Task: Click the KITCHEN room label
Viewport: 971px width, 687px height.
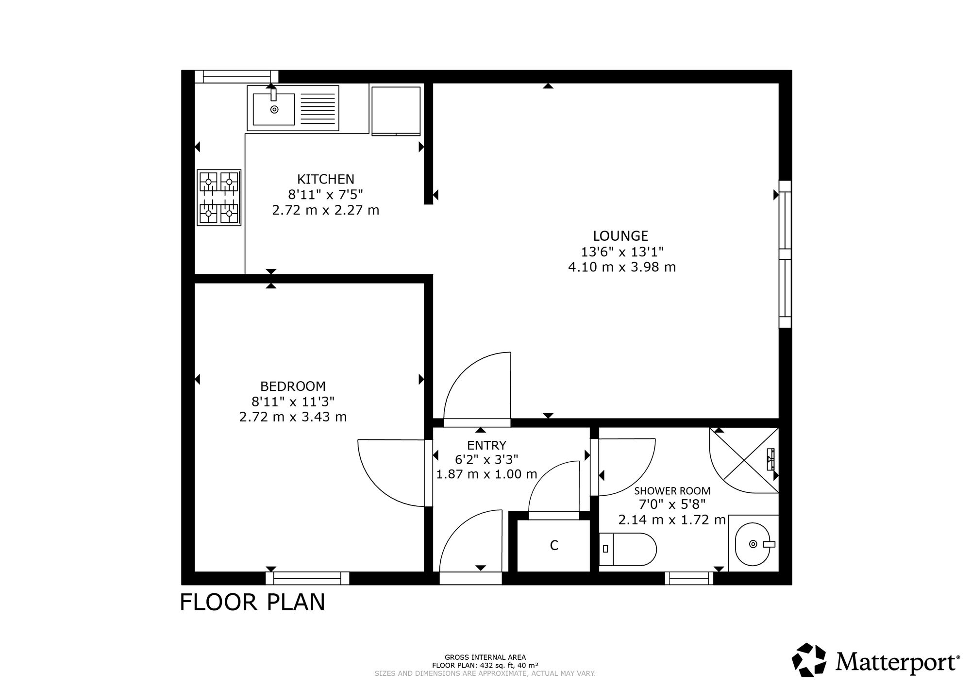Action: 326,179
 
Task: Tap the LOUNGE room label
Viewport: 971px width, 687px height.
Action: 620,236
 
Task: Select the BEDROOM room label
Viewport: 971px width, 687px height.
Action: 293,386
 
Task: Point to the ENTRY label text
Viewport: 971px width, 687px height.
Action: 486,445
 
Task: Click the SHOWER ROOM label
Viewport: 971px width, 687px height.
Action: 672,491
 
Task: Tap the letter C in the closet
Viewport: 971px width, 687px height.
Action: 554,546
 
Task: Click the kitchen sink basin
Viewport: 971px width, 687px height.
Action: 274,109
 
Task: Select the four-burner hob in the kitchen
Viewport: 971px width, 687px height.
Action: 219,198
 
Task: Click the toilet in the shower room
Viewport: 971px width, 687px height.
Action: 628,549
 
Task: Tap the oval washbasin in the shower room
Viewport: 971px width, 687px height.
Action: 753,544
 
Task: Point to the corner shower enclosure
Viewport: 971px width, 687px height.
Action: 744,460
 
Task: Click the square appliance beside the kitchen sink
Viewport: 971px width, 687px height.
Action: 396,111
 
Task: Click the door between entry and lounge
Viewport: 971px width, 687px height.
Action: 477,388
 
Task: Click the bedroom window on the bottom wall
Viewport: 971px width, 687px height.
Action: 307,578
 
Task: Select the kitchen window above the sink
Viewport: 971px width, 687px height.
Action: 236,76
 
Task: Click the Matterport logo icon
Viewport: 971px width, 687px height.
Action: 809,659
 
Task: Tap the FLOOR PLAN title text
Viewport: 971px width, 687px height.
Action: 252,602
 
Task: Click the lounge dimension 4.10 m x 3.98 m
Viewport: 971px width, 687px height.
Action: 622,267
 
